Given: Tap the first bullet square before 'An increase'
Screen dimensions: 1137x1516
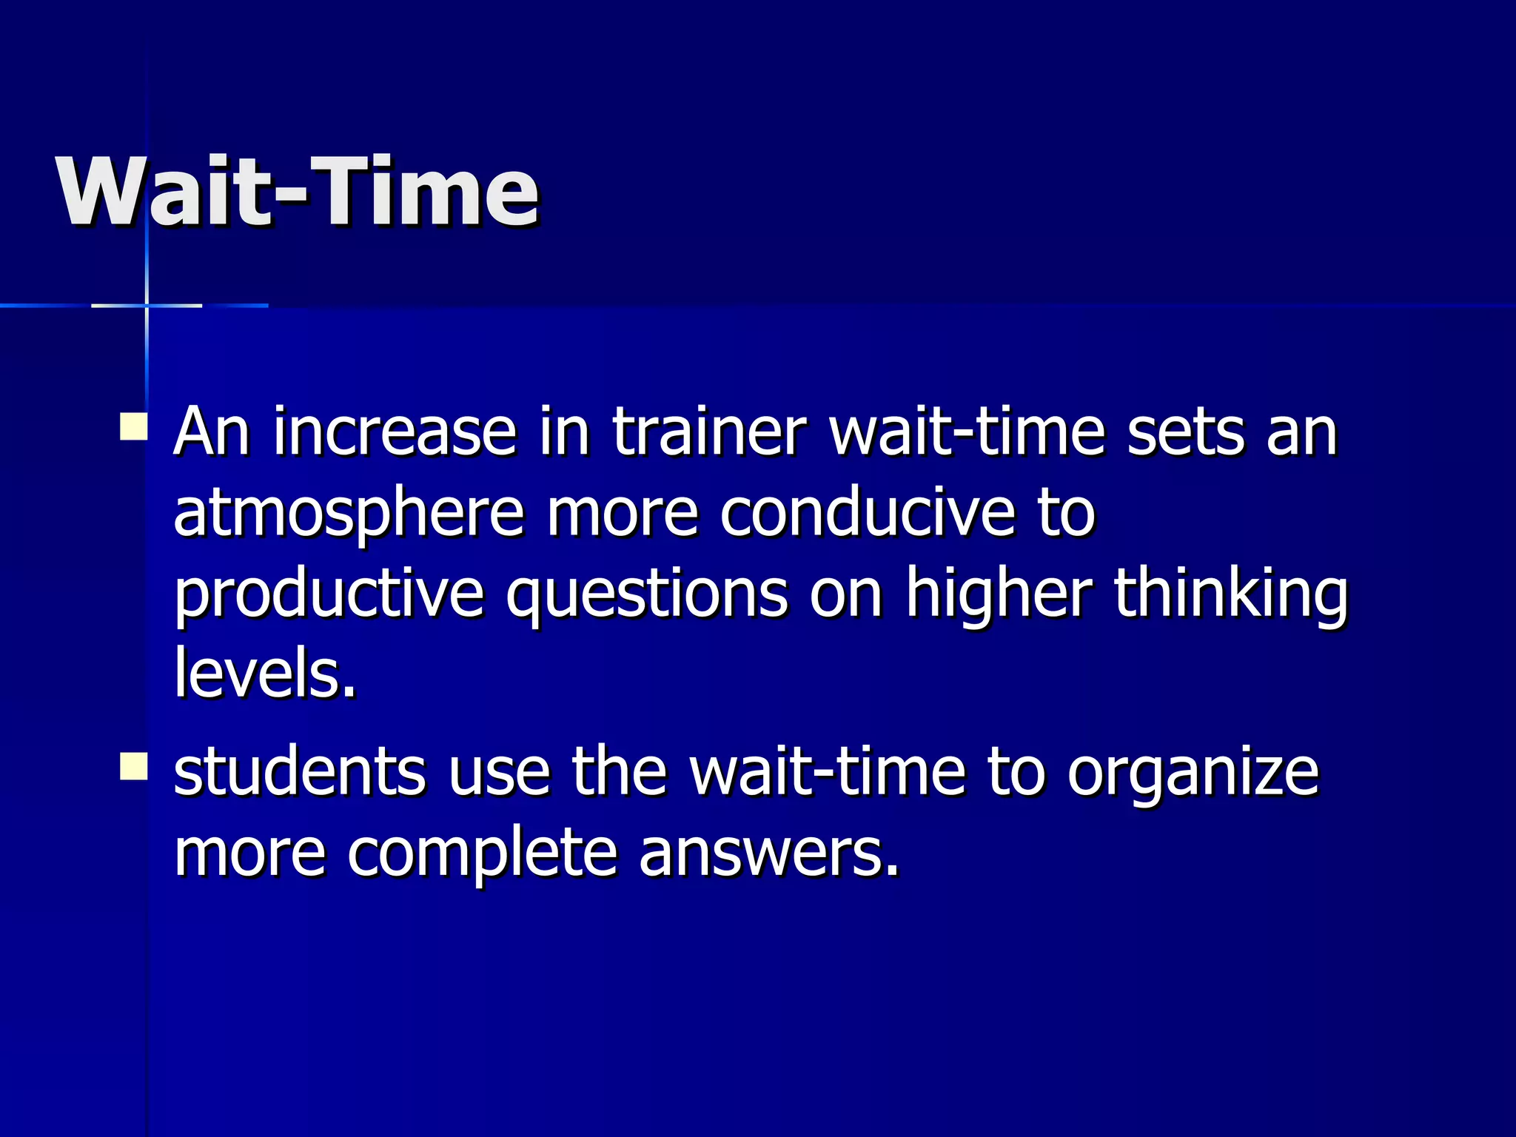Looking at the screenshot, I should click(x=133, y=427).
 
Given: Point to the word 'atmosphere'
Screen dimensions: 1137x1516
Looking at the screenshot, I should click(x=348, y=514).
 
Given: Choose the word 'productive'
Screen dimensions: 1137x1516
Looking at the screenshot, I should click(x=329, y=596).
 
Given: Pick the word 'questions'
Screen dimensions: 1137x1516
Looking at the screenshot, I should click(x=647, y=596).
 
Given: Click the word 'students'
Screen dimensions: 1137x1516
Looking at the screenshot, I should click(x=300, y=772).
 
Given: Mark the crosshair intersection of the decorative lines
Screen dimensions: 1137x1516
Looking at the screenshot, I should click(x=147, y=305).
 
